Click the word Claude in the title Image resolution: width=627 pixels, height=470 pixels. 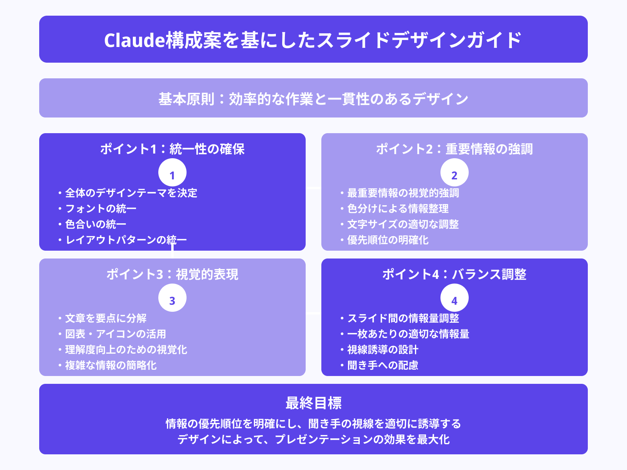coord(134,40)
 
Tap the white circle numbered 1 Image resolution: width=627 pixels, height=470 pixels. coord(172,173)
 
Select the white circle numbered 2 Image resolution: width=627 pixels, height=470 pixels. coord(455,173)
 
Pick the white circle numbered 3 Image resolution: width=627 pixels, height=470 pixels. coord(172,298)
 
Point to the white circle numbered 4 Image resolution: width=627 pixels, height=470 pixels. coord(455,298)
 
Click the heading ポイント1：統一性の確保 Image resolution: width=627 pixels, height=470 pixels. coord(172,149)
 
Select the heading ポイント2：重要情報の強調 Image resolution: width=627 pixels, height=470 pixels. coord(455,149)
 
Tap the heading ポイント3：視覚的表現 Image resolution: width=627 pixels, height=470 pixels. coord(172,275)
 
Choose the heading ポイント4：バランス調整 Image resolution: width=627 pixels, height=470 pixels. coord(455,275)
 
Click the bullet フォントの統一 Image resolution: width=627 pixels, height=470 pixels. coord(101,208)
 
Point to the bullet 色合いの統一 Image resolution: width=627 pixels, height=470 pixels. coord(96,224)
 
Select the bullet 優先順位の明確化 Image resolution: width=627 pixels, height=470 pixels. coord(388,240)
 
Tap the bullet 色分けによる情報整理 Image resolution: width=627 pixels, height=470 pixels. coord(398,208)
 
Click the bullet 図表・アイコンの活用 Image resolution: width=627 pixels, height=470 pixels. coord(116,334)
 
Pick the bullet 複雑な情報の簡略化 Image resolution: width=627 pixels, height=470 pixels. coord(111,365)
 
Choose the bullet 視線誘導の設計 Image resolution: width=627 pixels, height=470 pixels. coord(382,349)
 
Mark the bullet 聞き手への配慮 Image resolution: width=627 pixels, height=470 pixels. coord(382,365)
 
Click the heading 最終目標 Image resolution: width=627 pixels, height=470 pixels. coord(313,403)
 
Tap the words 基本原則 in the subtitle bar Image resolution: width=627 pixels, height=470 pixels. coord(186,99)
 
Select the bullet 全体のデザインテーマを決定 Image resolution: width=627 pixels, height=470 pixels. coord(131,193)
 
